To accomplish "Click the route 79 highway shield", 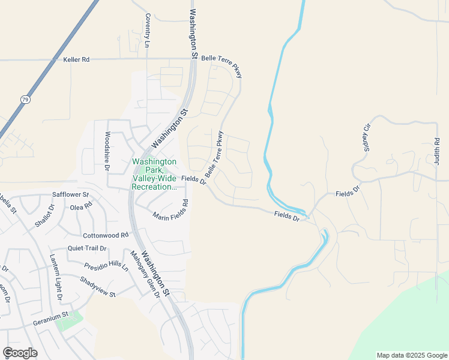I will click(25, 100).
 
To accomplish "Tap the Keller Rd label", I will click(76, 60).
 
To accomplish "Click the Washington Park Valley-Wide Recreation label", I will click(154, 174).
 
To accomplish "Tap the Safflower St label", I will click(70, 195).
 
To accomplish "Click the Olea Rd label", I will click(81, 206).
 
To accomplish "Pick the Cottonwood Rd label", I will click(106, 236).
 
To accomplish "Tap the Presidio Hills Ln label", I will click(106, 265).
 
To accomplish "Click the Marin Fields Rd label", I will click(170, 209).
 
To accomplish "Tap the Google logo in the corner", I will click(20, 353).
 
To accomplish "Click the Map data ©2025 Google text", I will click(412, 355).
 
